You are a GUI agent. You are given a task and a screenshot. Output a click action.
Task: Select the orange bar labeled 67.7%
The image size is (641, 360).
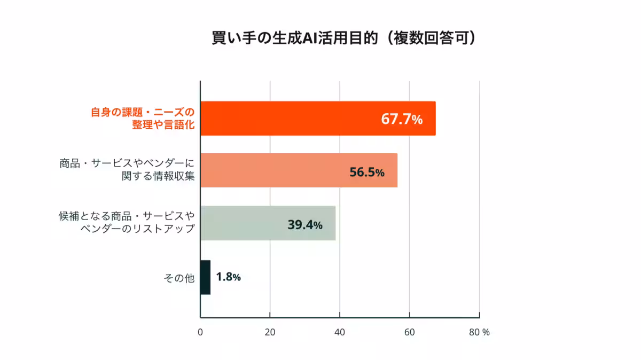[318, 119]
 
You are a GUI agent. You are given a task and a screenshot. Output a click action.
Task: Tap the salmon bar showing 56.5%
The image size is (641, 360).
[299, 170]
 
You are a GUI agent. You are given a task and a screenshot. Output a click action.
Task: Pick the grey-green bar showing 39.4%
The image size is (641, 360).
[268, 223]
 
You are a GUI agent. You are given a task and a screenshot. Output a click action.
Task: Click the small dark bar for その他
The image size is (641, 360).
[205, 277]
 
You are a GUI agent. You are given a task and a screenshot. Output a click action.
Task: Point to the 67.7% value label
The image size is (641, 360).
[402, 119]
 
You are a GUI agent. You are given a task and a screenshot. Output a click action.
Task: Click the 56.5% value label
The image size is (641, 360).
[366, 172]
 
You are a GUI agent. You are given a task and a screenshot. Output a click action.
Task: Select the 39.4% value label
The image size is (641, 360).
[304, 225]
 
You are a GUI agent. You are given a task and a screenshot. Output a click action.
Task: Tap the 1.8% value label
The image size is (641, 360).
[228, 277]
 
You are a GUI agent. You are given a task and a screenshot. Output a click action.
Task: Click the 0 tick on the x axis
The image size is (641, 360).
[200, 332]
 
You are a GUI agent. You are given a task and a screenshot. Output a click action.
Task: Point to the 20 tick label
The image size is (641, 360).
[270, 332]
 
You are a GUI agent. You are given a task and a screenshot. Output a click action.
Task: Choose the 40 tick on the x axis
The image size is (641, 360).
[340, 332]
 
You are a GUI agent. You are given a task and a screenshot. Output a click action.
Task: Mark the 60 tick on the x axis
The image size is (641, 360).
[409, 332]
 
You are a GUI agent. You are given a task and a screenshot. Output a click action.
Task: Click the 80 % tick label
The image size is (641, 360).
[479, 332]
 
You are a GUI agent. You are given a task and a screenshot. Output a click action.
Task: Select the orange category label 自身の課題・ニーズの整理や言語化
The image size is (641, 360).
[141, 119]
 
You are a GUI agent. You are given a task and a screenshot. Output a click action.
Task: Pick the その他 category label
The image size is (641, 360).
[179, 278]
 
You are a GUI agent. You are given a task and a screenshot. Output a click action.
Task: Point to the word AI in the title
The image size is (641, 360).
[311, 39]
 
